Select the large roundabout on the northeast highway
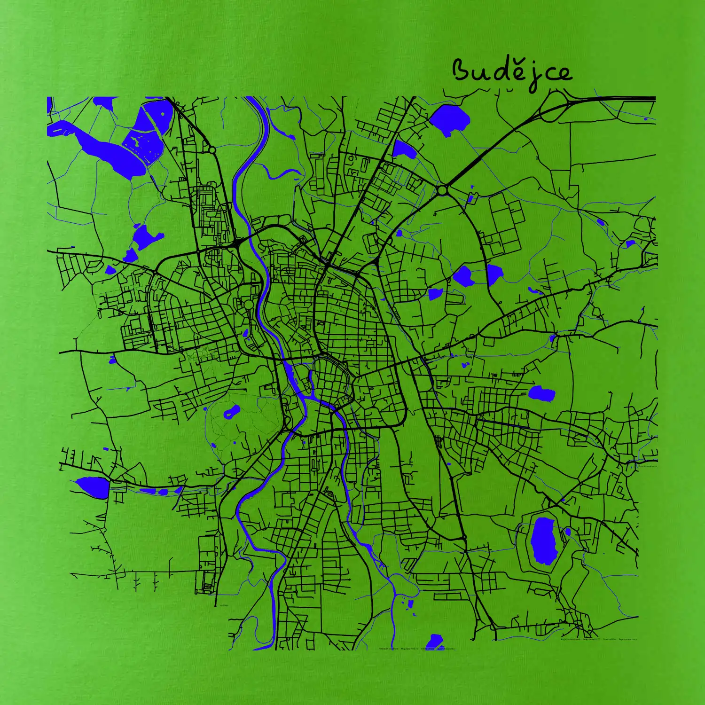click(442, 190)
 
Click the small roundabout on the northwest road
click(212, 150)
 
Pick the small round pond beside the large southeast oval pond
click(568, 532)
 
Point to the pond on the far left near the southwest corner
click(92, 486)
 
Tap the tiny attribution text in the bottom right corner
click(599, 639)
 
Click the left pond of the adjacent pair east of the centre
click(462, 275)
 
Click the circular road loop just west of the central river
click(248, 305)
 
